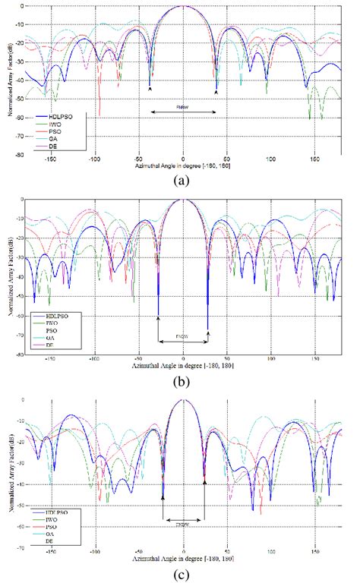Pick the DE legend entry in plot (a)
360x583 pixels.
tap(60, 147)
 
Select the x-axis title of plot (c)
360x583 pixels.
tap(182, 559)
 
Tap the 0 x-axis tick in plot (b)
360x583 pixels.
tap(183, 358)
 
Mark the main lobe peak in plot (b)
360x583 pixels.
tap(183, 200)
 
